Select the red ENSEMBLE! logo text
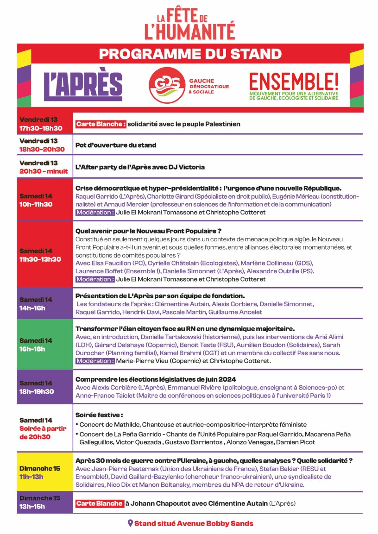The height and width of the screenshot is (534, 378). click(x=294, y=81)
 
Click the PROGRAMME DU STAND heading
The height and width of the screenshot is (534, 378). click(x=190, y=54)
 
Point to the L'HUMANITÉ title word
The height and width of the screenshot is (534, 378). click(x=189, y=31)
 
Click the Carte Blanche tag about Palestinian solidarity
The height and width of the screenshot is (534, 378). click(x=101, y=124)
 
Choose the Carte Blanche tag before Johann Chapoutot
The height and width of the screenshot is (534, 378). click(x=100, y=503)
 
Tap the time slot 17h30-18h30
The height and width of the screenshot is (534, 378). click(x=41, y=128)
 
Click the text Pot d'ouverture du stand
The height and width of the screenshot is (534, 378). click(x=116, y=145)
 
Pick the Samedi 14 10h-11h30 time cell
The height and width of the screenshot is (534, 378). click(x=44, y=200)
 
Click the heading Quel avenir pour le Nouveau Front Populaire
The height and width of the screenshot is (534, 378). click(x=148, y=231)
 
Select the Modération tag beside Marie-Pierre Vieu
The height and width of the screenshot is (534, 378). click(x=95, y=361)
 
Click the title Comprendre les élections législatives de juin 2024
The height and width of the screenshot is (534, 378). click(x=156, y=379)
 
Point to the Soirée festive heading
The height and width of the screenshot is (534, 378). click(x=99, y=415)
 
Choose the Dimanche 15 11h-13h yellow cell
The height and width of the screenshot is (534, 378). click(x=44, y=473)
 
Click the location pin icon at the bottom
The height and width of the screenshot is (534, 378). click(x=130, y=523)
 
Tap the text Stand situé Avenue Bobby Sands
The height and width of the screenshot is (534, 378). click(x=194, y=523)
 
